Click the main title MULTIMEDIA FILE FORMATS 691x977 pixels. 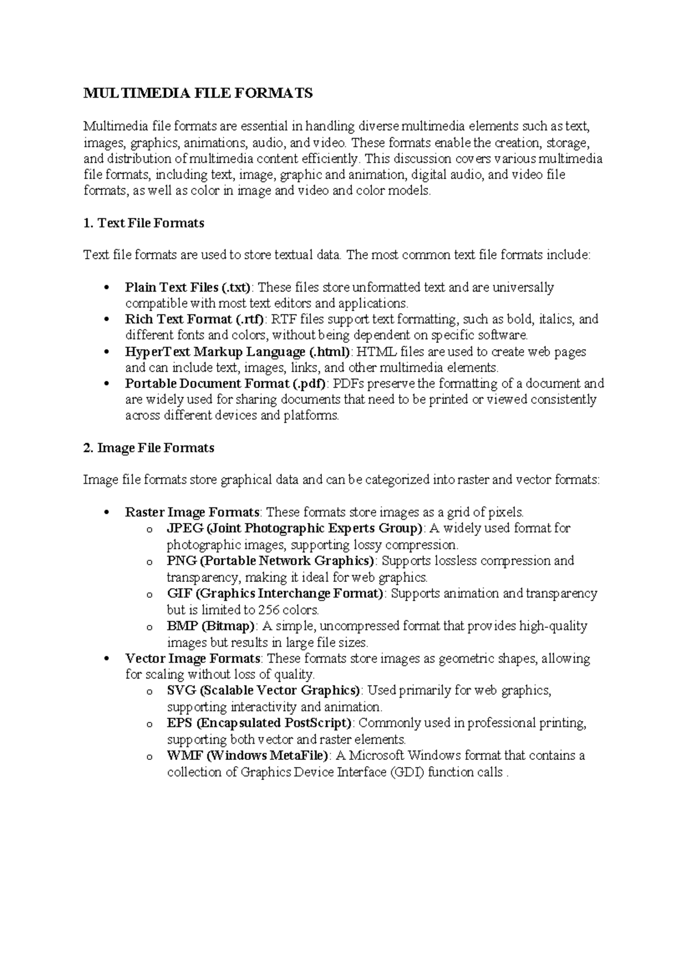pyautogui.click(x=198, y=93)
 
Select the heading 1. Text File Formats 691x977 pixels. pyautogui.click(x=144, y=223)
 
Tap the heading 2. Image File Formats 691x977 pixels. pyautogui.click(x=149, y=448)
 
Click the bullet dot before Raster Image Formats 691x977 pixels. pyautogui.click(x=105, y=513)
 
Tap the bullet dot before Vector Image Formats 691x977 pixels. pyautogui.click(x=105, y=659)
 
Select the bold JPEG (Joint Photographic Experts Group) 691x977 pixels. pyautogui.click(x=294, y=528)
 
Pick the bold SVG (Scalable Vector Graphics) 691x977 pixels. pyautogui.click(x=263, y=690)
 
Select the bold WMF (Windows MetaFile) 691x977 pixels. pyautogui.click(x=248, y=755)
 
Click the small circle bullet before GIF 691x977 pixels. pyautogui.click(x=149, y=594)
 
